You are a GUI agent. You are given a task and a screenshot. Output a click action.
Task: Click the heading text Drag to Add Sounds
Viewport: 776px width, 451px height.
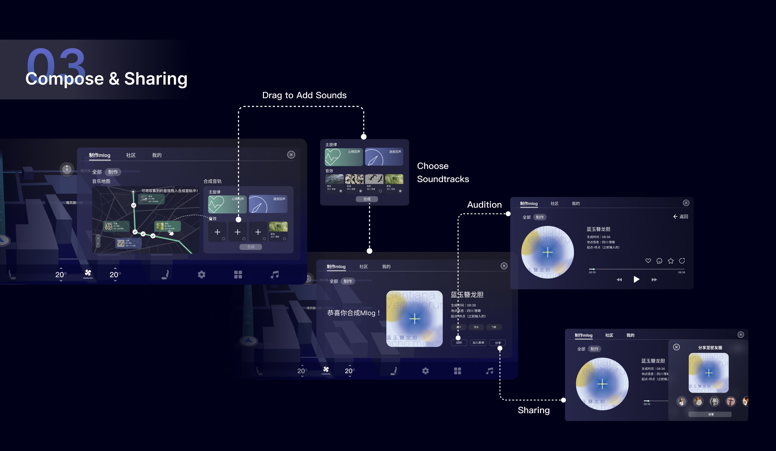point(304,95)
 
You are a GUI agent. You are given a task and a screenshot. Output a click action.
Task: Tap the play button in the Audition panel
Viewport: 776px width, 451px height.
point(636,279)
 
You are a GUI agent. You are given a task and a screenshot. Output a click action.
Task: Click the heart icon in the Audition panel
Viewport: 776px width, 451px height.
point(648,261)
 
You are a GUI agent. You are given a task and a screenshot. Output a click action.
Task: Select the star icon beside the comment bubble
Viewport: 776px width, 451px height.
point(671,261)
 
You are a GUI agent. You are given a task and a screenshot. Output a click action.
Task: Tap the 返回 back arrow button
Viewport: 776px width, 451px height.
point(680,217)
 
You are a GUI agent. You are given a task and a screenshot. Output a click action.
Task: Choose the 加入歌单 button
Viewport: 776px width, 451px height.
point(478,342)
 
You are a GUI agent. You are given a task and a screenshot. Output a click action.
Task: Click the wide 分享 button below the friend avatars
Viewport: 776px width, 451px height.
point(710,414)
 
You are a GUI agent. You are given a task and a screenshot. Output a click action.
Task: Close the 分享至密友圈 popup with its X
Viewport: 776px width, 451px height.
point(676,347)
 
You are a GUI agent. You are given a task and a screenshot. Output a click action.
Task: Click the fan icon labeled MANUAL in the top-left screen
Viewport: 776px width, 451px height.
point(88,273)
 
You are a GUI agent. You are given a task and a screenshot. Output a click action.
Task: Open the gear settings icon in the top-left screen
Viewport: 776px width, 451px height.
point(201,274)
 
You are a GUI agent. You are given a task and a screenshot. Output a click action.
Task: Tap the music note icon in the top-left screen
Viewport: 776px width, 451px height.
point(275,274)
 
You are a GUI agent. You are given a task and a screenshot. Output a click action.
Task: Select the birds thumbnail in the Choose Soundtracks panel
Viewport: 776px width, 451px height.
point(374,179)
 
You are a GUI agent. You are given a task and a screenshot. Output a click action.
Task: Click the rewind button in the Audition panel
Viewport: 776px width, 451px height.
point(619,279)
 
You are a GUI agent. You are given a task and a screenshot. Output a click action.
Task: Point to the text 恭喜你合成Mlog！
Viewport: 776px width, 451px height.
point(354,313)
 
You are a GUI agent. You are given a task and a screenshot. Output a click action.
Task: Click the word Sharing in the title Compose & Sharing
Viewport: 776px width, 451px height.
point(156,79)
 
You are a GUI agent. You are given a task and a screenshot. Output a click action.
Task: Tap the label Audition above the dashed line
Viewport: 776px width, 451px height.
point(484,205)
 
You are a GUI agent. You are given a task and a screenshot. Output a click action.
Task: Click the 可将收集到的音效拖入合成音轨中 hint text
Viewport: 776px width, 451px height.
point(169,191)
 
